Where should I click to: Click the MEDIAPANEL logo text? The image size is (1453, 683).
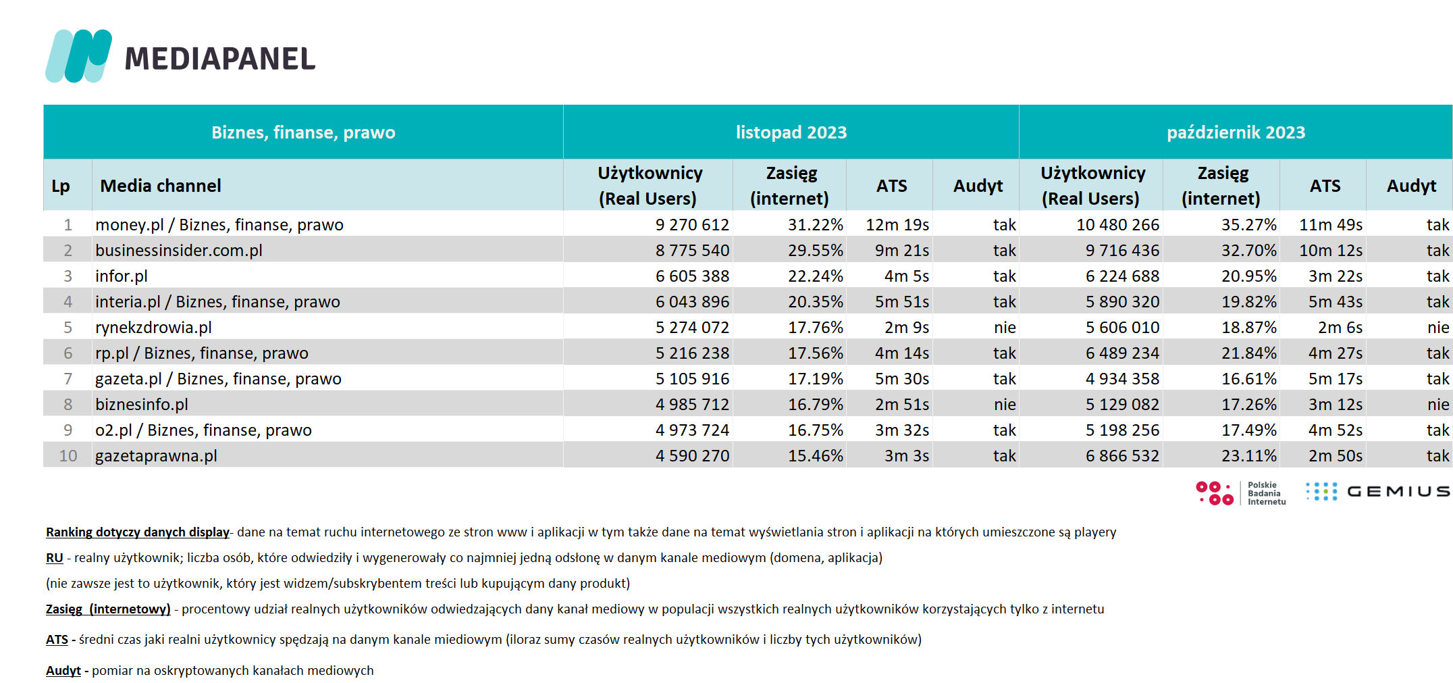pyautogui.click(x=220, y=59)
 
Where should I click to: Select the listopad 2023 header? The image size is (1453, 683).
pyautogui.click(x=791, y=132)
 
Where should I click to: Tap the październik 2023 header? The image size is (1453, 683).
pyautogui.click(x=1236, y=132)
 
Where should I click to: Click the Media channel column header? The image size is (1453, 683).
pyautogui.click(x=161, y=186)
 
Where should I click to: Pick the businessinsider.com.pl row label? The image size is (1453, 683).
pyautogui.click(x=179, y=251)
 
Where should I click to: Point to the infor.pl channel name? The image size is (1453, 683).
pyautogui.click(x=122, y=276)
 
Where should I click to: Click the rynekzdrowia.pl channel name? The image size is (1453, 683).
pyautogui.click(x=154, y=328)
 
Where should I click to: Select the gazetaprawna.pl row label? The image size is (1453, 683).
pyautogui.click(x=157, y=456)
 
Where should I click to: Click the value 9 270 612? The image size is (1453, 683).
pyautogui.click(x=692, y=225)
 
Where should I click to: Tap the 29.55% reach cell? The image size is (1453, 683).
pyautogui.click(x=816, y=251)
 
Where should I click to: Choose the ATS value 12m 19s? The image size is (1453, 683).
pyautogui.click(x=897, y=225)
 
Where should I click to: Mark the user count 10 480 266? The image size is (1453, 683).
pyautogui.click(x=1117, y=225)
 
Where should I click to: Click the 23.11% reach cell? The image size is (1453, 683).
pyautogui.click(x=1249, y=456)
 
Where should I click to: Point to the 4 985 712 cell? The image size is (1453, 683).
pyautogui.click(x=692, y=405)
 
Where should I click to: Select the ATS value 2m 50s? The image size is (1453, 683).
pyautogui.click(x=1336, y=456)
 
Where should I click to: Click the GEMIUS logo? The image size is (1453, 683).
pyautogui.click(x=1377, y=492)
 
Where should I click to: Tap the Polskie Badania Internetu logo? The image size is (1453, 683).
pyautogui.click(x=1241, y=493)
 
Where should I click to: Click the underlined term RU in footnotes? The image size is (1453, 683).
pyautogui.click(x=55, y=558)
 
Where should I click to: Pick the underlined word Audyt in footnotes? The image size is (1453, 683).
pyautogui.click(x=63, y=671)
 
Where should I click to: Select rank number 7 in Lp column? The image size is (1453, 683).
pyautogui.click(x=68, y=379)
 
